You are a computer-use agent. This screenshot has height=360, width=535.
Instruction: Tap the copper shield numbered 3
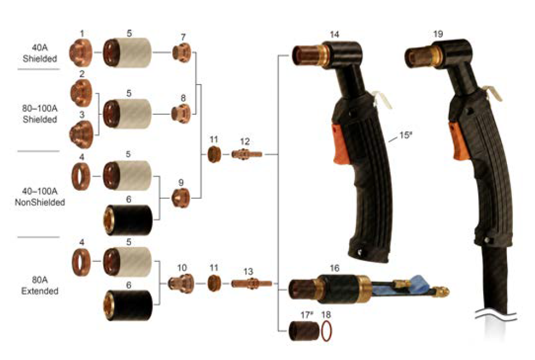tap(81, 131)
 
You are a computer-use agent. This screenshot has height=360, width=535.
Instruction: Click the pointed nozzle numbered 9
tap(181, 198)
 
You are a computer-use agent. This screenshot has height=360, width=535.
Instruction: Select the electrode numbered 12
tap(246, 154)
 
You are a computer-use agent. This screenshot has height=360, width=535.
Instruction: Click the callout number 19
tap(438, 34)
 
